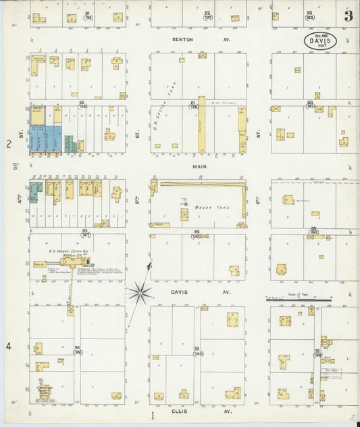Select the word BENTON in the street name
point(182,40)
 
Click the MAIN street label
point(199,166)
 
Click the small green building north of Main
point(69,143)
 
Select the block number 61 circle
point(194,104)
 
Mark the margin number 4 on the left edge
point(9,346)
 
